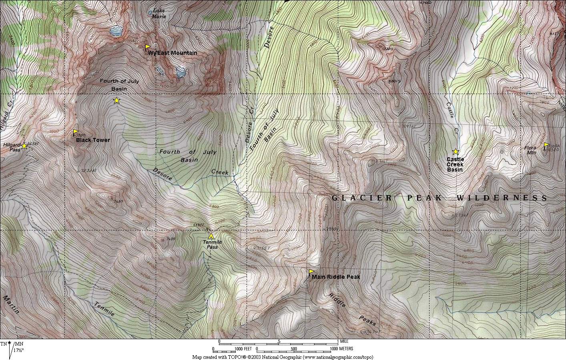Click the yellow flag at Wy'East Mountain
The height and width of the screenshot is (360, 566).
pyautogui.click(x=147, y=47)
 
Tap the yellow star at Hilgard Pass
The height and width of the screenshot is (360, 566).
pyautogui.click(x=24, y=146)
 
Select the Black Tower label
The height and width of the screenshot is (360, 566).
pyautogui.click(x=93, y=140)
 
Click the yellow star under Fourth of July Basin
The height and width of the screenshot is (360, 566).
pyautogui.click(x=116, y=100)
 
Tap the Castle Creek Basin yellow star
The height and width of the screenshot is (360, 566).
pyautogui.click(x=455, y=152)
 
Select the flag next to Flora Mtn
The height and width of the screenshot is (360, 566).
pyautogui.click(x=546, y=144)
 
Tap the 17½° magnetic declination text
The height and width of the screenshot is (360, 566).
pyautogui.click(x=18, y=350)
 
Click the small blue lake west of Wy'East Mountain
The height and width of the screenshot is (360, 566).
pyautogui.click(x=116, y=31)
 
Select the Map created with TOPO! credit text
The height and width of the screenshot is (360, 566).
pyautogui.click(x=283, y=357)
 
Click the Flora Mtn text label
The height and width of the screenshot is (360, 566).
pyautogui.click(x=531, y=150)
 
